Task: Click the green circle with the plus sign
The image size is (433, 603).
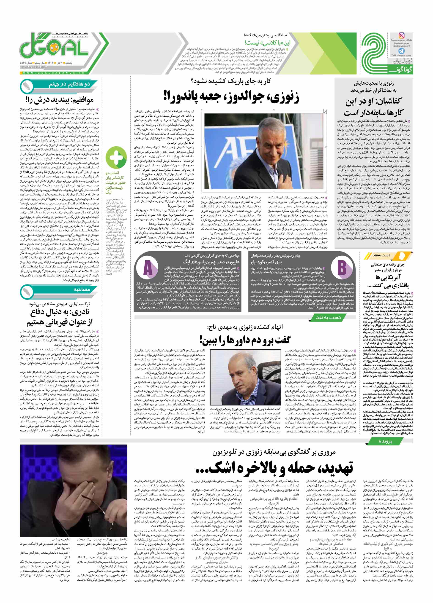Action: (x=116, y=158)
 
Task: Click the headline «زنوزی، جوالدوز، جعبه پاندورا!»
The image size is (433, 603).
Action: (x=231, y=97)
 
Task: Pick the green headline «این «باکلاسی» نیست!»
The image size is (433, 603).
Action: (x=267, y=43)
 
